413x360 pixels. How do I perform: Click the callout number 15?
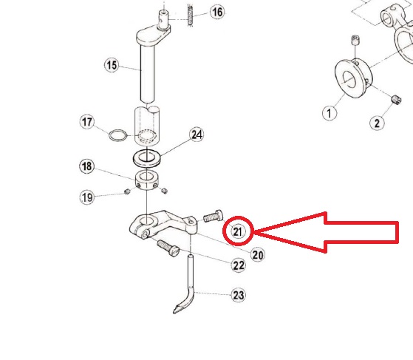click(x=112, y=65)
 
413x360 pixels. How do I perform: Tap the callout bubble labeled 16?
click(x=217, y=12)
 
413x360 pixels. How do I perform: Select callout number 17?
click(x=87, y=122)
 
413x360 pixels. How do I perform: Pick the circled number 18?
click(x=87, y=166)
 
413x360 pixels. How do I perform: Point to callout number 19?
click(x=87, y=197)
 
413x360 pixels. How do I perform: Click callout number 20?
click(x=257, y=255)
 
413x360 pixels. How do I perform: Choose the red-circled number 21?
click(x=238, y=231)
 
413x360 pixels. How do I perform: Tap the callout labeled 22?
click(x=239, y=265)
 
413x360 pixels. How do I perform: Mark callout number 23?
click(x=239, y=295)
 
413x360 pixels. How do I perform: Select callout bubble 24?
click(x=197, y=135)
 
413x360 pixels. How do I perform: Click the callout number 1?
click(x=330, y=113)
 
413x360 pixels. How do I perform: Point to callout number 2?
click(x=377, y=123)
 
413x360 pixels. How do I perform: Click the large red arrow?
click(x=327, y=232)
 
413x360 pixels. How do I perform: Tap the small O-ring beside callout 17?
click(x=117, y=135)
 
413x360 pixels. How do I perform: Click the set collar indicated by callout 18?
click(x=147, y=180)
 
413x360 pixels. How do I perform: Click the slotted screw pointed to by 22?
click(x=168, y=248)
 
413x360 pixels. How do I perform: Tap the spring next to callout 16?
click(x=191, y=15)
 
